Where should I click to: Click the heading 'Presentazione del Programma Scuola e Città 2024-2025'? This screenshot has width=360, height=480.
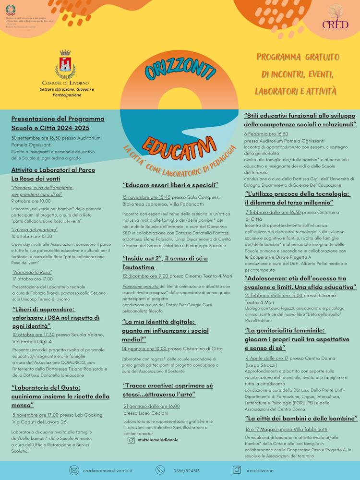click(x=58, y=123)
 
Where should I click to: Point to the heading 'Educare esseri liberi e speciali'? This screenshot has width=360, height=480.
click(x=170, y=185)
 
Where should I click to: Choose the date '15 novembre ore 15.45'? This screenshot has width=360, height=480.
click(x=146, y=197)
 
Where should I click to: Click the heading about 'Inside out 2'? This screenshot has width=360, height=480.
click(x=165, y=263)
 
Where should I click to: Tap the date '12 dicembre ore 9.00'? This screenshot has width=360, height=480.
click(x=145, y=276)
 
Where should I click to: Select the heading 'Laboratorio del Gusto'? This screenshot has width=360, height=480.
click(x=60, y=392)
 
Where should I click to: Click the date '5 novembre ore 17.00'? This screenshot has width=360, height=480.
click(x=36, y=415)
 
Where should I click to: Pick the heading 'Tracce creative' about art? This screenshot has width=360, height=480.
click(x=168, y=389)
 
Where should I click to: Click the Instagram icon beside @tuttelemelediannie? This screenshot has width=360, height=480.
click(x=131, y=440)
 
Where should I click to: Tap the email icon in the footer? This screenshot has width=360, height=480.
click(x=74, y=470)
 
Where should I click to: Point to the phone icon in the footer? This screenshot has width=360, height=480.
click(x=160, y=470)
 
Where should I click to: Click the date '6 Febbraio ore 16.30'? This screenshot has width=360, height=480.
click(x=266, y=134)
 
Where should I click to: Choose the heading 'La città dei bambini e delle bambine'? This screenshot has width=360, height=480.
click(x=301, y=419)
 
